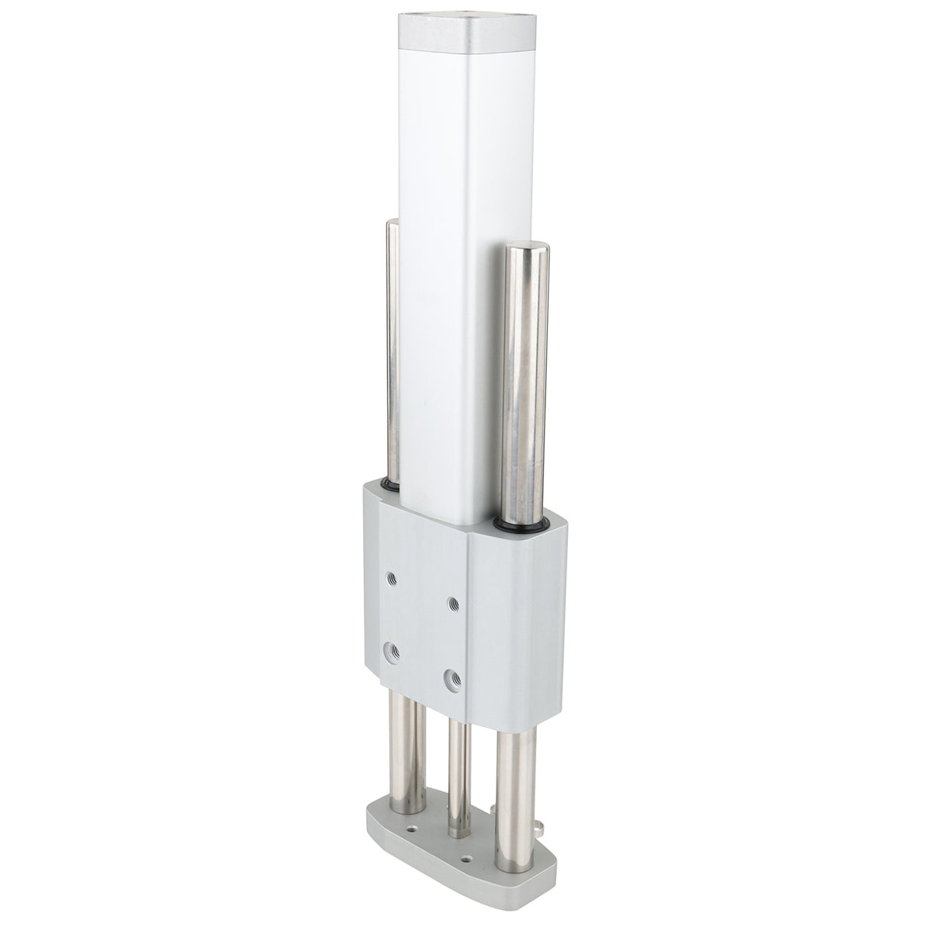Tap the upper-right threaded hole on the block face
point(452,603)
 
